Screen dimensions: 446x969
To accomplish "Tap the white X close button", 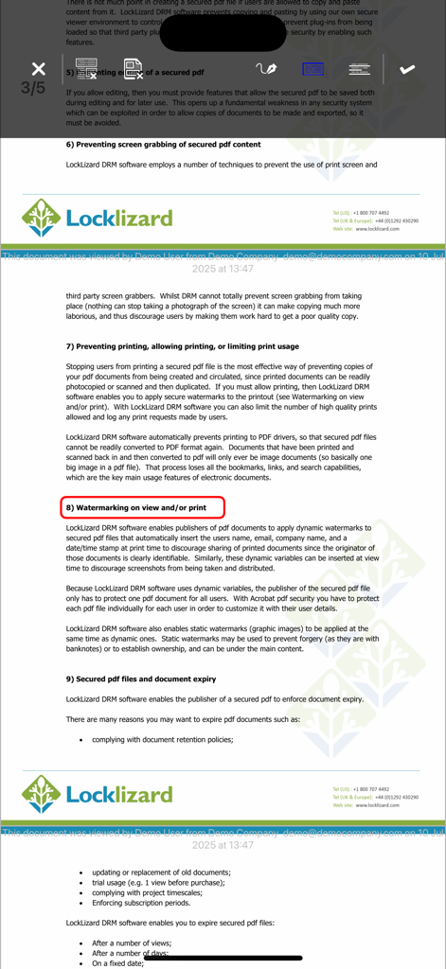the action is pyautogui.click(x=38, y=69).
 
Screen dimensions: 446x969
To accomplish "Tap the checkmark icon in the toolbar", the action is pyautogui.click(x=407, y=69).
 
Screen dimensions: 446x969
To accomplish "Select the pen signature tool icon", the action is pyautogui.click(x=266, y=69).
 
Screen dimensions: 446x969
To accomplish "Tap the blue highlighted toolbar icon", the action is pyautogui.click(x=312, y=69).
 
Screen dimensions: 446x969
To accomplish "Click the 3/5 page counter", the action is pyautogui.click(x=33, y=89).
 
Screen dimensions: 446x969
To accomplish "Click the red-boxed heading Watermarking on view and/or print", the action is pyautogui.click(x=142, y=508).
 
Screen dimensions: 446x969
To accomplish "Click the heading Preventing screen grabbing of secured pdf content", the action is pyautogui.click(x=163, y=145).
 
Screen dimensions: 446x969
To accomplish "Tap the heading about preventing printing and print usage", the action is pyautogui.click(x=182, y=346).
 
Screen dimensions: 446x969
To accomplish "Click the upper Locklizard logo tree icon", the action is pyautogui.click(x=42, y=218).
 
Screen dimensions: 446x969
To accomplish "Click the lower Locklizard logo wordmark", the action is pyautogui.click(x=119, y=793).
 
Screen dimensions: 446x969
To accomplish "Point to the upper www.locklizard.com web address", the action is pyautogui.click(x=377, y=229).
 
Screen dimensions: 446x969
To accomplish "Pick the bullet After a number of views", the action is pyautogui.click(x=132, y=943).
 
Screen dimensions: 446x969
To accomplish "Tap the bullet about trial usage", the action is pyautogui.click(x=158, y=882).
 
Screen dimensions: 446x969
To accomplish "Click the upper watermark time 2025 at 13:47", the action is pyautogui.click(x=223, y=269).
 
